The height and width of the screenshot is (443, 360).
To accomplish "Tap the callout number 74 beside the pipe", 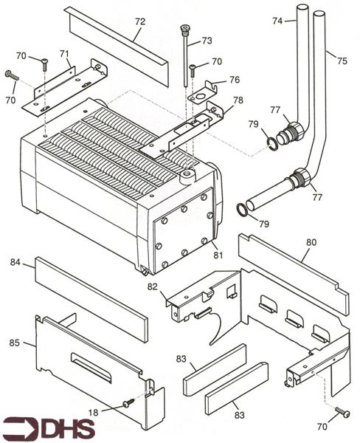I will coord(277,21).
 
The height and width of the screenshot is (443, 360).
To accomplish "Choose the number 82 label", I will coord(153,286).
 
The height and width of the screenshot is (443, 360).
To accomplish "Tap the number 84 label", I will coord(15,261).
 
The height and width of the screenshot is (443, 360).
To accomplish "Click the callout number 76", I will coord(234,80).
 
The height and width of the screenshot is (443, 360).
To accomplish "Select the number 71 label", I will coord(64,53).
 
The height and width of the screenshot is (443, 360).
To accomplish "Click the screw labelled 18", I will coord(129,402).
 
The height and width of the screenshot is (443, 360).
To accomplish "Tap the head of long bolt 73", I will coord(184,30).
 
